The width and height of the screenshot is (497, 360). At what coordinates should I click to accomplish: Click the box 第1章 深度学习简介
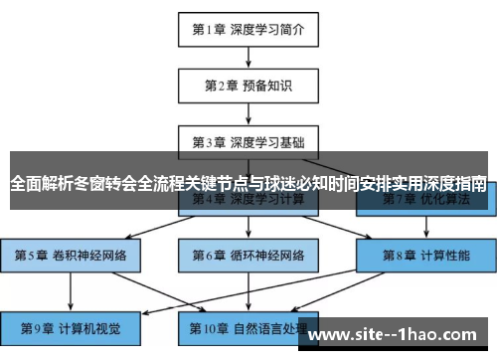248,29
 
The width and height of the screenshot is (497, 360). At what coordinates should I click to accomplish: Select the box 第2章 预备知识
248,86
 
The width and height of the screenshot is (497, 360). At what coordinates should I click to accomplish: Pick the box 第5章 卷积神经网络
71,254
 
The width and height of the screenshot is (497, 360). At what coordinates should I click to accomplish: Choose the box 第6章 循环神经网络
248,254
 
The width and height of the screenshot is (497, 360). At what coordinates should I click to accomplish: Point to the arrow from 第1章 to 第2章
248,57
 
